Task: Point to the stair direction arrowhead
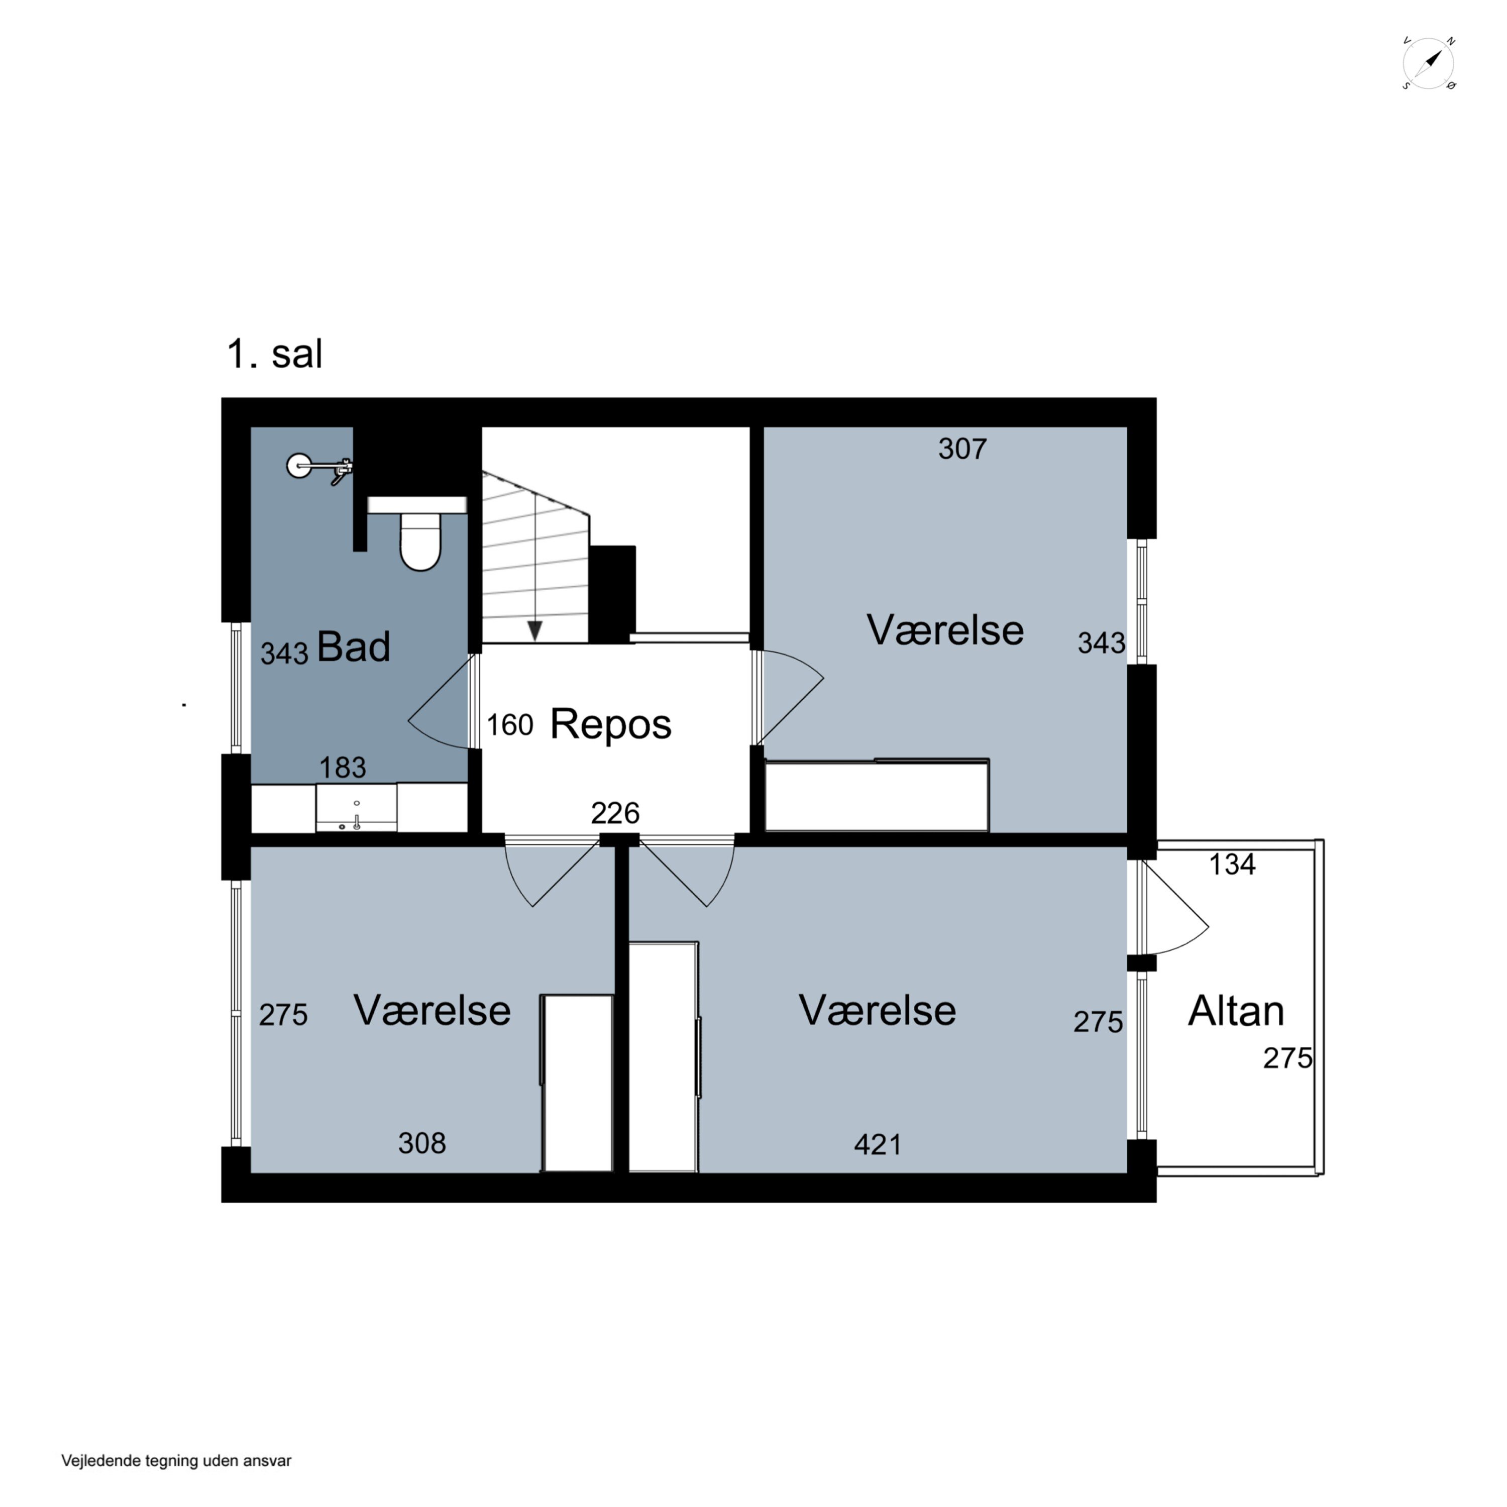535,630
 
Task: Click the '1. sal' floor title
275,353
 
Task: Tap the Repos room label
611,724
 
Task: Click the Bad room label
353,647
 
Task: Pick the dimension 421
878,1144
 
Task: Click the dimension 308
422,1143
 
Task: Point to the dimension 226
615,813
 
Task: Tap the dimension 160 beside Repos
510,725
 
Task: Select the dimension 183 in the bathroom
343,768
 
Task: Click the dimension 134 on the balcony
1232,864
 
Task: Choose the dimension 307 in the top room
962,449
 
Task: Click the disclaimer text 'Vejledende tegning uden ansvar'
176,1461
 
